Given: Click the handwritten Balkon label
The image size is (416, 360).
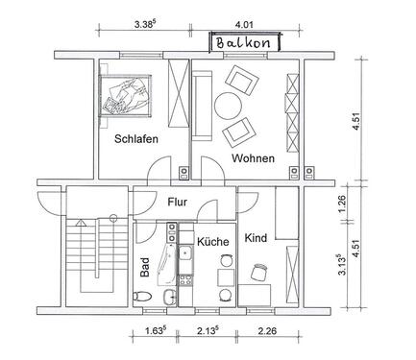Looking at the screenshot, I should click(x=247, y=43).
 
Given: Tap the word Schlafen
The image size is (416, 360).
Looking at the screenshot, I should click(x=135, y=139).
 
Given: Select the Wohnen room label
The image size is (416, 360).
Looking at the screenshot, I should click(x=253, y=158).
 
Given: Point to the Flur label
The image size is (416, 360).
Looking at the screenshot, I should click(x=178, y=204).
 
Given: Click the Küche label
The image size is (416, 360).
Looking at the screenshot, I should click(x=212, y=243).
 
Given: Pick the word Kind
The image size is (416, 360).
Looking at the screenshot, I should click(x=256, y=237).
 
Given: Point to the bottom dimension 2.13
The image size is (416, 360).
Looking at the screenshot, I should click(x=206, y=335).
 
